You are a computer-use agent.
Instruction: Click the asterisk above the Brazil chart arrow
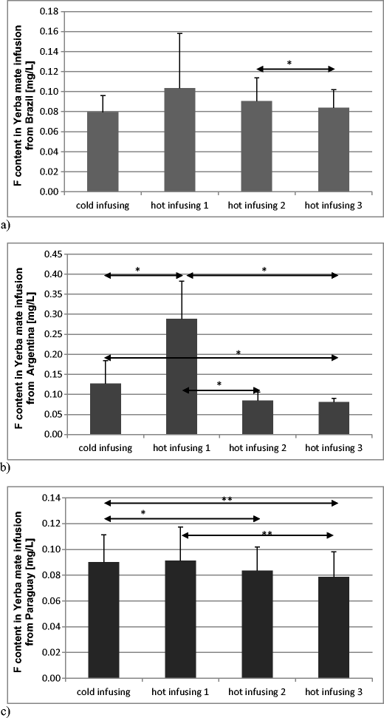(x=289, y=64)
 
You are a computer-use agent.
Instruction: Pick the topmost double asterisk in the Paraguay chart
(x=224, y=499)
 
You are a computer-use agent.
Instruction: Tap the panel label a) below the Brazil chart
(x=6, y=221)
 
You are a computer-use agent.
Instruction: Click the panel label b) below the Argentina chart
(x=6, y=467)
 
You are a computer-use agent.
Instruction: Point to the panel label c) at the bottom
(x=6, y=711)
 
